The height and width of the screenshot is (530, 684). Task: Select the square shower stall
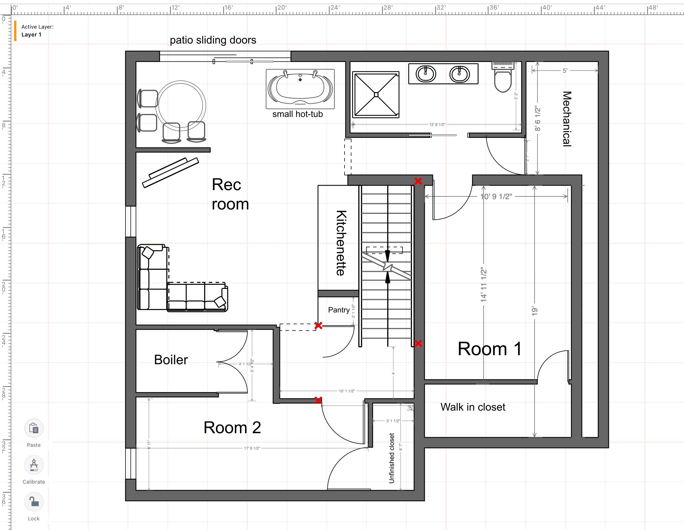coord(376,95)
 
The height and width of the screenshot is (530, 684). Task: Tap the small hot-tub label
coord(297,114)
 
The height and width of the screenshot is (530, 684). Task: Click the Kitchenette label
coord(341,243)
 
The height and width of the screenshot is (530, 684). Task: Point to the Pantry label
coord(339,310)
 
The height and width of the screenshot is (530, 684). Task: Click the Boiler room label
coord(171,360)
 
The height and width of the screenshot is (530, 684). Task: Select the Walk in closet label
coord(473,407)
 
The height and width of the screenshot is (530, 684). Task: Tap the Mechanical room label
coord(567,119)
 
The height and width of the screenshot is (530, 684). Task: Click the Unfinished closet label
coord(391,458)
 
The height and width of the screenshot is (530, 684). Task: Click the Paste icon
coord(34,428)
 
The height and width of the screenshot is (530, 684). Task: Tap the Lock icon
coord(34,501)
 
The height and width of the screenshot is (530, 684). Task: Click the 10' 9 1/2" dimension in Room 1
coord(496,197)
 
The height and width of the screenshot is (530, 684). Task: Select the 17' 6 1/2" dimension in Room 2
coord(252,448)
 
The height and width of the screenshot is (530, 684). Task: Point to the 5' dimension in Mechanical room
coord(565,70)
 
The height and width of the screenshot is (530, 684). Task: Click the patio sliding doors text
coord(213,40)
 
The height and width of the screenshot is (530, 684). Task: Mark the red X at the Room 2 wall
coord(318,400)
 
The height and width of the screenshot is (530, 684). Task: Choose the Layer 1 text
coord(31,35)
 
